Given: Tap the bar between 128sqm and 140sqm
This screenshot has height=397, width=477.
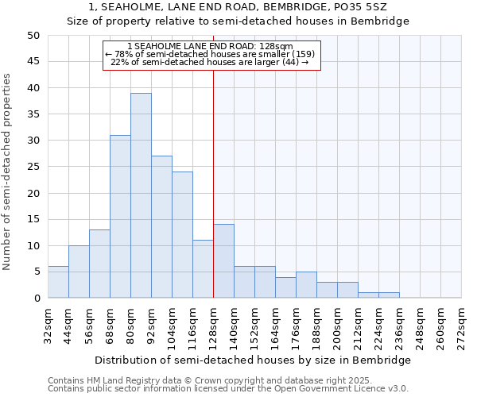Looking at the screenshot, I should pyautogui.click(x=223, y=261).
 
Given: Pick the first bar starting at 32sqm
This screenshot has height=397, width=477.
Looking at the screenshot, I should pyautogui.click(x=58, y=282).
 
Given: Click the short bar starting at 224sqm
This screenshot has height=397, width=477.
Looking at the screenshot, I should pyautogui.click(x=389, y=295).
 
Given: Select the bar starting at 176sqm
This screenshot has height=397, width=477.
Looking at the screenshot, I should pyautogui.click(x=306, y=285).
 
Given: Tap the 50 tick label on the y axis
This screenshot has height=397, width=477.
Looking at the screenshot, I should pyautogui.click(x=33, y=36).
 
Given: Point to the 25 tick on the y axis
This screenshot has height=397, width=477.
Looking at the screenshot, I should pyautogui.click(x=33, y=167).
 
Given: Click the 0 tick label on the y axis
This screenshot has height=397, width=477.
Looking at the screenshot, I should pyautogui.click(x=37, y=299).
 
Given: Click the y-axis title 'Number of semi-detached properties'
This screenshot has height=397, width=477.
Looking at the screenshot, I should pyautogui.click(x=7, y=172).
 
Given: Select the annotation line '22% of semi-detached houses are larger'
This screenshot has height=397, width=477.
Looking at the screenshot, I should pyautogui.click(x=209, y=62).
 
